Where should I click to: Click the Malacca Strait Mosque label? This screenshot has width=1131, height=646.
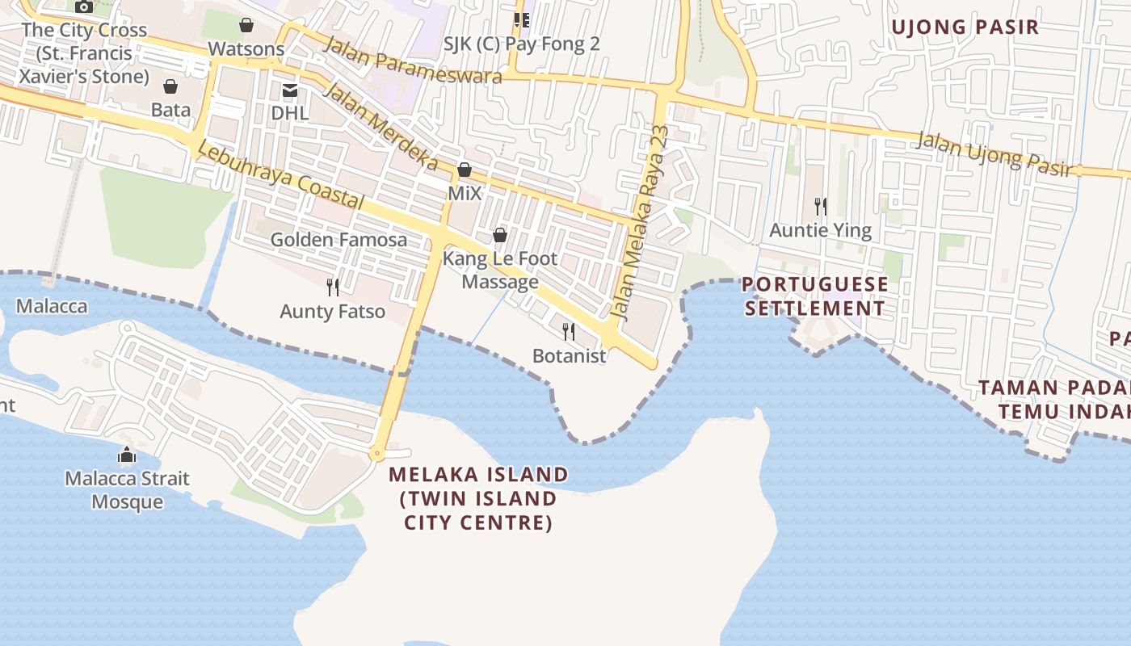[127, 490]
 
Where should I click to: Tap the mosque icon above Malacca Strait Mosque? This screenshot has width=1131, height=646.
[127, 455]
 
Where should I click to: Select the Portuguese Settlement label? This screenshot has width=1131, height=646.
[814, 296]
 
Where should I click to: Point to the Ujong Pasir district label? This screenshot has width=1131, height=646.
[965, 27]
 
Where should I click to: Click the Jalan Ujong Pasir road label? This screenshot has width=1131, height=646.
[996, 153]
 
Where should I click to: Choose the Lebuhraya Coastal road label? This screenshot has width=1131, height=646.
[280, 177]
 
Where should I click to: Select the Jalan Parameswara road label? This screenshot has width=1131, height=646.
[412, 60]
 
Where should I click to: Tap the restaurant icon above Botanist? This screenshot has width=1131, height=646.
[569, 332]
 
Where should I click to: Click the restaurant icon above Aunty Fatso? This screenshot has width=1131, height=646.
[332, 287]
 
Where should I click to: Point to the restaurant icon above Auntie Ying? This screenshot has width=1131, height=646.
[821, 207]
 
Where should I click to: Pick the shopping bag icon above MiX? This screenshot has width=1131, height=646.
[465, 170]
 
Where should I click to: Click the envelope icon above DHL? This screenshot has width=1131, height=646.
[289, 90]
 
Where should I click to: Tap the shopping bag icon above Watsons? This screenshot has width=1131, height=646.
[246, 26]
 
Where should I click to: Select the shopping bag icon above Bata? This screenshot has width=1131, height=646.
[170, 86]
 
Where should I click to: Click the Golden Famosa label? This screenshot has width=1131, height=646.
[338, 240]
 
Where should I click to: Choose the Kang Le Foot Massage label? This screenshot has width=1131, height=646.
[500, 270]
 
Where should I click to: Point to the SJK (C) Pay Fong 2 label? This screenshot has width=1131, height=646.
[522, 44]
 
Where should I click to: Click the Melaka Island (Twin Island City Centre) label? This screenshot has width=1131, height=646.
[478, 498]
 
